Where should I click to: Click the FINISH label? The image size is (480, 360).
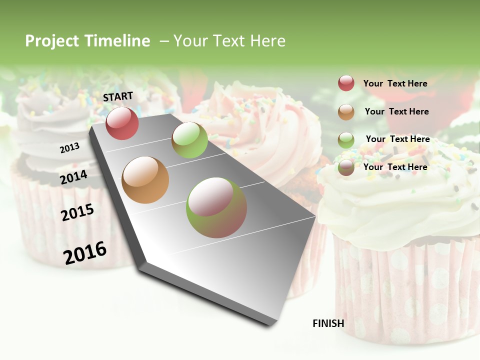click(x=328, y=323)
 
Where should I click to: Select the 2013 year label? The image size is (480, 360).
click(x=69, y=148)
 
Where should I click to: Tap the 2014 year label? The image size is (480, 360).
click(x=73, y=177)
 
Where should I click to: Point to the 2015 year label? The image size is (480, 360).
click(x=77, y=212)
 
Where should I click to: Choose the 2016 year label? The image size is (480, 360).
click(x=85, y=252)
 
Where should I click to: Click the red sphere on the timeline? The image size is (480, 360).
click(x=122, y=123)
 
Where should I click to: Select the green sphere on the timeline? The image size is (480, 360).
click(x=189, y=140)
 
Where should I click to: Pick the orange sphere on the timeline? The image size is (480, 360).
click(x=145, y=180)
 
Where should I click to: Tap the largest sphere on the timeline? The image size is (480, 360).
click(x=216, y=207)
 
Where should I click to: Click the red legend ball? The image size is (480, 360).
click(x=346, y=83)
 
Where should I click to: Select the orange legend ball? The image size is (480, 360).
click(x=346, y=112)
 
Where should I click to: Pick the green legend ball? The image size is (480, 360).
click(x=346, y=140)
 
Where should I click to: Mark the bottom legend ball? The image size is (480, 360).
click(x=346, y=167)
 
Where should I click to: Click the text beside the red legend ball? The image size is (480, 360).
click(x=395, y=83)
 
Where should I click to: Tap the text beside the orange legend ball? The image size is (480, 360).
click(x=396, y=111)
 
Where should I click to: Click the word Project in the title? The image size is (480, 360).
click(x=51, y=41)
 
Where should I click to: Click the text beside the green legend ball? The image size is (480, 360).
click(x=397, y=139)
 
